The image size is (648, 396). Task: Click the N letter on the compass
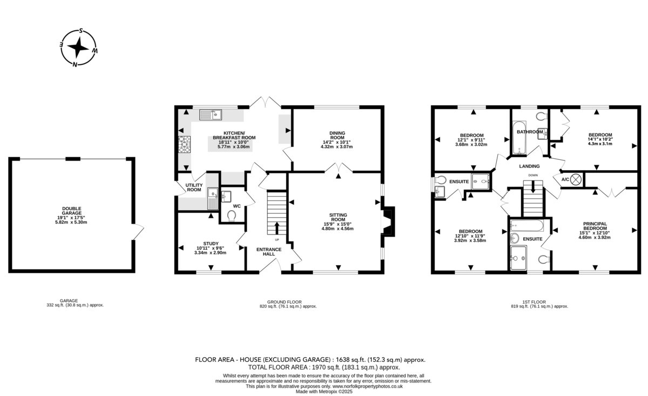point(75,64)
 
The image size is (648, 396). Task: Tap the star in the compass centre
point(78,48)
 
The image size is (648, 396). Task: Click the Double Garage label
point(71,211)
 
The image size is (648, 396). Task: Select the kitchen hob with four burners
point(184,144)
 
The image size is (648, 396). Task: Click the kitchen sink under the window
point(210,115)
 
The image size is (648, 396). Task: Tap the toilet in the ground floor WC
point(232,216)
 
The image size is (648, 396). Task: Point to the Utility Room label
point(194,187)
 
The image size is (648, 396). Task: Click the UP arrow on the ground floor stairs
point(277,228)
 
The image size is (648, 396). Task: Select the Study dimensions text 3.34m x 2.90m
point(210,253)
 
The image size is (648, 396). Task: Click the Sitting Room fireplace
point(388,222)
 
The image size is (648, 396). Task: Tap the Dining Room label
point(337,135)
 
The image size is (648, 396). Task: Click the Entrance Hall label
point(269,252)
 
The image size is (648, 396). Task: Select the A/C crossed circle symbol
point(576,179)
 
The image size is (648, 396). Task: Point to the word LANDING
point(529,166)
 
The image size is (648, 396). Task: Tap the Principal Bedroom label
point(595,226)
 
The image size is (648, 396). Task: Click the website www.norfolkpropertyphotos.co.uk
point(367,386)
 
